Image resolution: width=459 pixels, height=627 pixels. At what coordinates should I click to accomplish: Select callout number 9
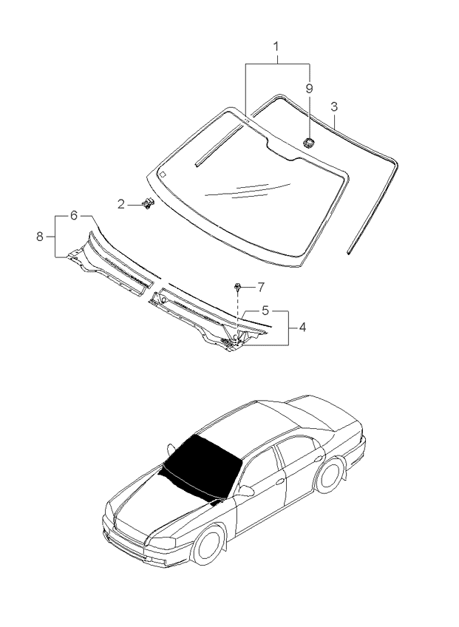point(310,88)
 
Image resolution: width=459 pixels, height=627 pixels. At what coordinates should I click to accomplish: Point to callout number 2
point(122,203)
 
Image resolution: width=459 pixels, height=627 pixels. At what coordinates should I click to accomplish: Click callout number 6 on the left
point(74,215)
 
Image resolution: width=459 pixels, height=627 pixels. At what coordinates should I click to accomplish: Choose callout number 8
point(40,237)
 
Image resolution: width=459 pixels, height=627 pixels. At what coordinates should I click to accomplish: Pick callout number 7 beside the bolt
point(260,286)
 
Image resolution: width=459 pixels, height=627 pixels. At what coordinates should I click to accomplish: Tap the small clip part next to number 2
point(148,203)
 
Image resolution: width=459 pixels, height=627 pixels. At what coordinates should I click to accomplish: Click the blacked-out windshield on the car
point(200,464)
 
